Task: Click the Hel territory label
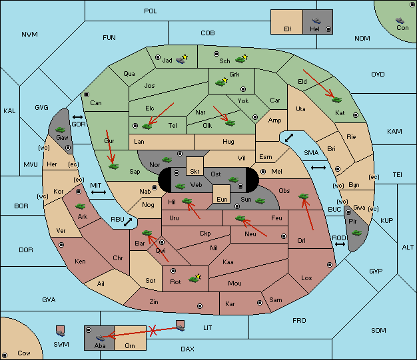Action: [314, 29]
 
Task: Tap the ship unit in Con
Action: [400, 21]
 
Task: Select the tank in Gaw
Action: [61, 130]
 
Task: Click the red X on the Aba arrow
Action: [153, 331]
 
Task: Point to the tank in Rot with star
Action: [195, 279]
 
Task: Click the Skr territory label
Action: [195, 172]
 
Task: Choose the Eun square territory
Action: [222, 194]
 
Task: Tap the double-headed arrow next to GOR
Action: [78, 117]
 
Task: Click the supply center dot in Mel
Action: [263, 172]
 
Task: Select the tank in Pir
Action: [356, 233]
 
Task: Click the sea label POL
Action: [151, 11]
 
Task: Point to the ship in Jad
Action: [181, 60]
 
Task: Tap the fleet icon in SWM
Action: [61, 331]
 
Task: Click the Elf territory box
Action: [286, 22]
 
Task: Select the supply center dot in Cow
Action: [5, 355]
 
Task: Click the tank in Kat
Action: [336, 100]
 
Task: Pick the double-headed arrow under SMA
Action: [318, 168]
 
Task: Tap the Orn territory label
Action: [130, 345]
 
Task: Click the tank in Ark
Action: [81, 206]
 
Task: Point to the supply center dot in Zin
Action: [200, 306]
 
